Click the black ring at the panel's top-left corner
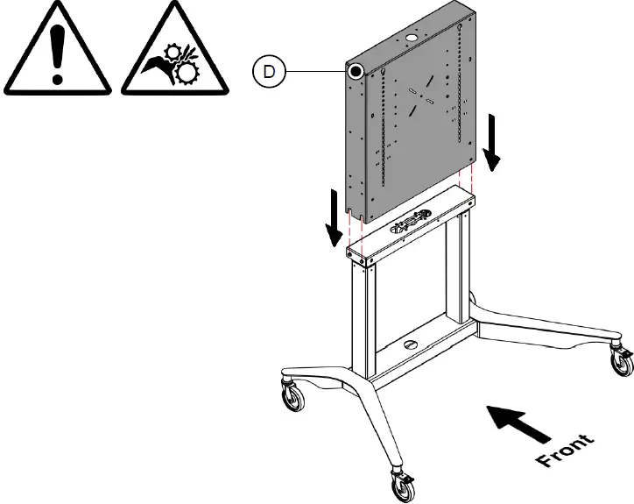click(356, 70)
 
